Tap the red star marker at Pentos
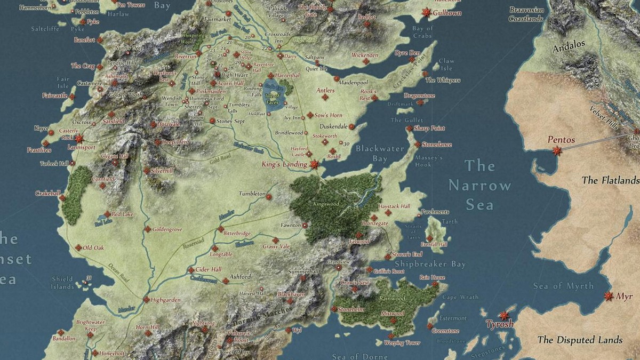(x=557, y=151)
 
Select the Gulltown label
(x=447, y=12)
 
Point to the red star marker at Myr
(x=608, y=295)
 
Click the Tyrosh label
(x=499, y=324)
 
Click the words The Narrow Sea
(x=479, y=185)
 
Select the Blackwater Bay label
(x=380, y=154)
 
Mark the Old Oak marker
(x=78, y=247)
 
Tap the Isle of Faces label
(x=271, y=99)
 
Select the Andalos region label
(x=569, y=46)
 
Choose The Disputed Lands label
(x=580, y=340)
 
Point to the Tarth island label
(x=449, y=221)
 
